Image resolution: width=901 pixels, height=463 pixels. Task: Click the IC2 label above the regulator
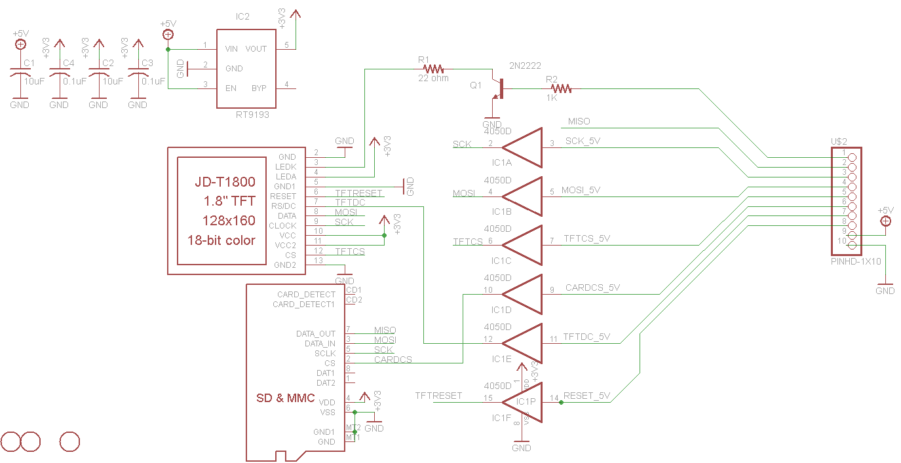coord(242,17)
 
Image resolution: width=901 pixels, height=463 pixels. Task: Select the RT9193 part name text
coord(253,115)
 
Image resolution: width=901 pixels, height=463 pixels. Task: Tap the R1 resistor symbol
coord(433,68)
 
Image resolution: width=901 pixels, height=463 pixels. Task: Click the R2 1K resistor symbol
coord(562,88)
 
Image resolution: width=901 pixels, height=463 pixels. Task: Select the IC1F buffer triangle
coord(522,401)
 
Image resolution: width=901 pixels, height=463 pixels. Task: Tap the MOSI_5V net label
coord(581,190)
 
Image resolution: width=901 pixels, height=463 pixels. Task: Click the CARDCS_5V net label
coord(592,287)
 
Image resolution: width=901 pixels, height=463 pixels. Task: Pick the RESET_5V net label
coord(586,396)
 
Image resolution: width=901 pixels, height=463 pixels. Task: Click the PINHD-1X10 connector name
coord(855,261)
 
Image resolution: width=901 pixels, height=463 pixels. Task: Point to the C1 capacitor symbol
coord(20,75)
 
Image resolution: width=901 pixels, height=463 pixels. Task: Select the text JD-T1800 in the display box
coord(225,182)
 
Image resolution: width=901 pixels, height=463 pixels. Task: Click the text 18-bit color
coord(221,240)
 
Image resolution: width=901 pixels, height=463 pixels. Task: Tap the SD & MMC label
coord(285,398)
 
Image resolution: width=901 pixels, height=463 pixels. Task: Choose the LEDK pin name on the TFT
coord(286,167)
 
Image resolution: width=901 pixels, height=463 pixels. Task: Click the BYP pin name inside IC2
coord(259,88)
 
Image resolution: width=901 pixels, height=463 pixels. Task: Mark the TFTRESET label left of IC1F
coord(438,396)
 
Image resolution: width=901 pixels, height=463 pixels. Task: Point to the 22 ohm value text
coord(433,78)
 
